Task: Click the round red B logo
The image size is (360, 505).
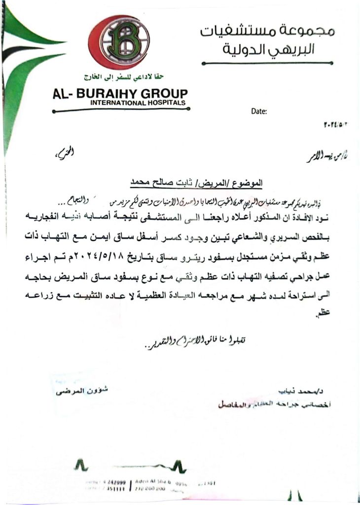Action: click(x=118, y=42)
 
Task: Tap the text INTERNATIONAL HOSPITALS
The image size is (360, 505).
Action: click(x=138, y=103)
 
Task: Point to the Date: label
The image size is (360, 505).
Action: click(x=259, y=111)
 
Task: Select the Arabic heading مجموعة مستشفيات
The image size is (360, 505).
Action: click(x=267, y=32)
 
